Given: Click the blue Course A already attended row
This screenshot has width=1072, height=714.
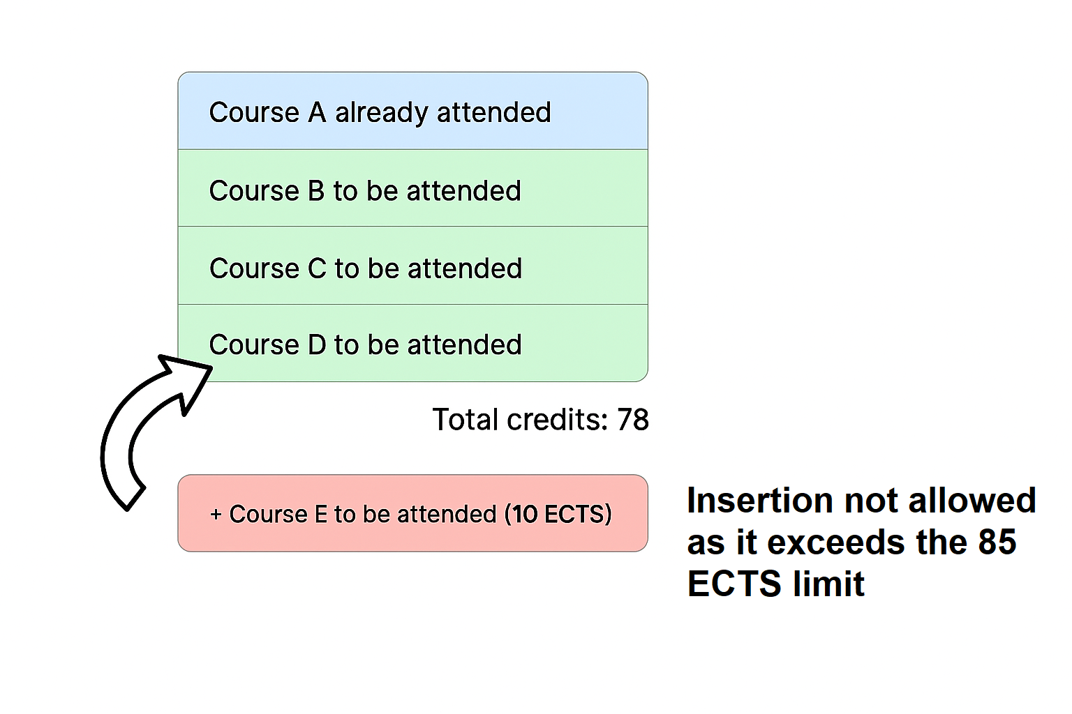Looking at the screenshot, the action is [412, 111].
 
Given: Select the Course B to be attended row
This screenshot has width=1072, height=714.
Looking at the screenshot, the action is [412, 188].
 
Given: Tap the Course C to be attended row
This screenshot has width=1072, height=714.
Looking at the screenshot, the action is [412, 266].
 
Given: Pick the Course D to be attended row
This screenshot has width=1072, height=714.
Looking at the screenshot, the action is [412, 343].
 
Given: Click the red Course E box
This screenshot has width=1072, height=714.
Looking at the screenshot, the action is [412, 513].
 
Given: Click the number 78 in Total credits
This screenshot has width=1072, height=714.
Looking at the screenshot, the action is [633, 420].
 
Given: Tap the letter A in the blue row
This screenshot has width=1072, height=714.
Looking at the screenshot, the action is [317, 112].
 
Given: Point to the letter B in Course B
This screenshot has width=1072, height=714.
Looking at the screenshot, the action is [316, 191].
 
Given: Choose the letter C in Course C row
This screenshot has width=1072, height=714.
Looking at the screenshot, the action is [317, 268].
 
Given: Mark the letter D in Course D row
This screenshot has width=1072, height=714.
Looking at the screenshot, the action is [317, 345].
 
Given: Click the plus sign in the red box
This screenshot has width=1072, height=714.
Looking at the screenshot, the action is [216, 515].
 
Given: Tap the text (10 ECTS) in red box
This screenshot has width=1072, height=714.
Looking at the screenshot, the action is [558, 515].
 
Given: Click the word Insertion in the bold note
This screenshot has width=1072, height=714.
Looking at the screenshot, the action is [761, 500].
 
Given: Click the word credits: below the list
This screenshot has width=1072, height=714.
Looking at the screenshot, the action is [558, 420].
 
